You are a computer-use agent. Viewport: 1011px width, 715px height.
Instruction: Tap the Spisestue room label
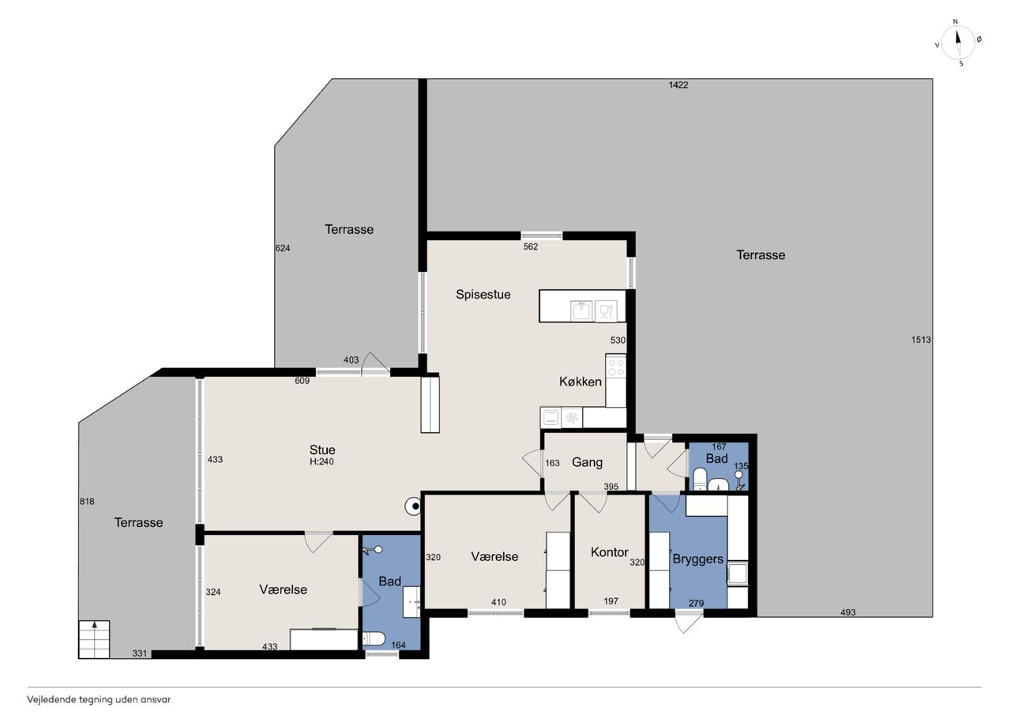483,295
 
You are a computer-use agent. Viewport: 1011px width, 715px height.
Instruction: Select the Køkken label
581,382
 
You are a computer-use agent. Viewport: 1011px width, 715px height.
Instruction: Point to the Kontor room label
609,552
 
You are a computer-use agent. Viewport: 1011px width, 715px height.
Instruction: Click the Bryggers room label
697,559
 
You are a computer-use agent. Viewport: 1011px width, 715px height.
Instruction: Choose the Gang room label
587,463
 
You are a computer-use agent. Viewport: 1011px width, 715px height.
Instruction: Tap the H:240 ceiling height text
321,461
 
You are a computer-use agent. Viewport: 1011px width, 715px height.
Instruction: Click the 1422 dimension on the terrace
678,85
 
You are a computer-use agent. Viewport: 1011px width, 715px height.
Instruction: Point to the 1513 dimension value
921,340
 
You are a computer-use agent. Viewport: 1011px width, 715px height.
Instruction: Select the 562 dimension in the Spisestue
530,247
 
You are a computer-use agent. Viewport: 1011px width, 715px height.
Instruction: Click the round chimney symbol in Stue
413,506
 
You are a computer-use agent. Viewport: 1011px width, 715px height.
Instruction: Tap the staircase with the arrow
94,639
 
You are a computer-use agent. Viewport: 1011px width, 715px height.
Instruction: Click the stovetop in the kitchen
616,366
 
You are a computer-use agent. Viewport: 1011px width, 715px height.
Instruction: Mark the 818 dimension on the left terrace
87,502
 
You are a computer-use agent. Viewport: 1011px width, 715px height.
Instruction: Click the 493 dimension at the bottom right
848,612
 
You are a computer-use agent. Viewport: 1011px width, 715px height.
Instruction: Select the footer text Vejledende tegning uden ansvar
99,700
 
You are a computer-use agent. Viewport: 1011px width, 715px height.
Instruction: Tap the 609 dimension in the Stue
302,381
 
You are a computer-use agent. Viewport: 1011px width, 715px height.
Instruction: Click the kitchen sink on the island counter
581,311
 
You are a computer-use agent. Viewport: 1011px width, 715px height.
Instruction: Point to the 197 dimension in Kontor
611,601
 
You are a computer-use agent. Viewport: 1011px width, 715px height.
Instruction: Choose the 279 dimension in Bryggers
697,603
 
